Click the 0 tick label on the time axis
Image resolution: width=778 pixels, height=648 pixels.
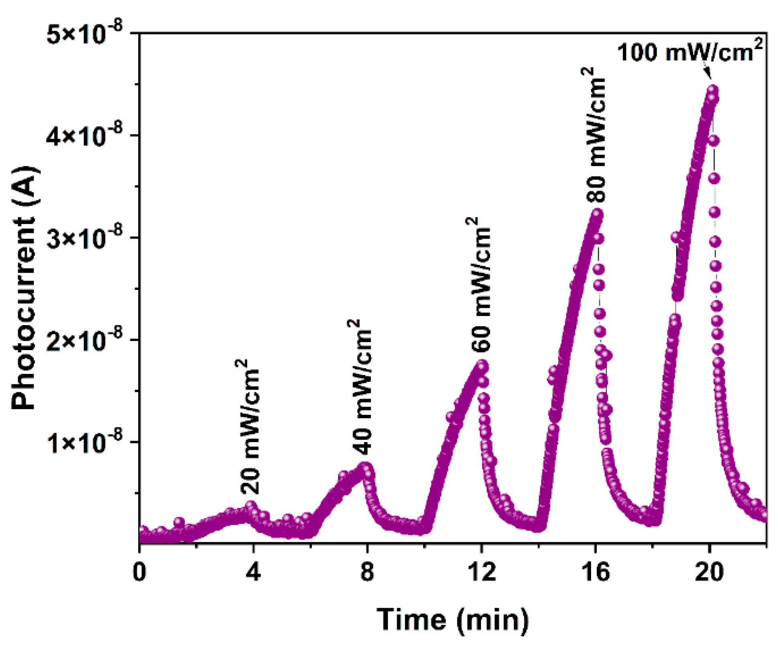point(139,571)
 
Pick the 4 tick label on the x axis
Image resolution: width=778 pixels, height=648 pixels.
point(253,571)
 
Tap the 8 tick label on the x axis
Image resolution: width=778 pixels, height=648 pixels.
point(367,571)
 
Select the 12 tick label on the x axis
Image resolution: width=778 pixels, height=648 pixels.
point(481,571)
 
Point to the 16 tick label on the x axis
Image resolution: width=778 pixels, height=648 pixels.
point(595,571)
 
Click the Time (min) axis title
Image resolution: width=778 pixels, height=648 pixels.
point(453,619)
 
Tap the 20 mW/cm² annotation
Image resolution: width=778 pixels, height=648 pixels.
point(248,426)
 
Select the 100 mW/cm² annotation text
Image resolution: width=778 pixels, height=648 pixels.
point(690,51)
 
